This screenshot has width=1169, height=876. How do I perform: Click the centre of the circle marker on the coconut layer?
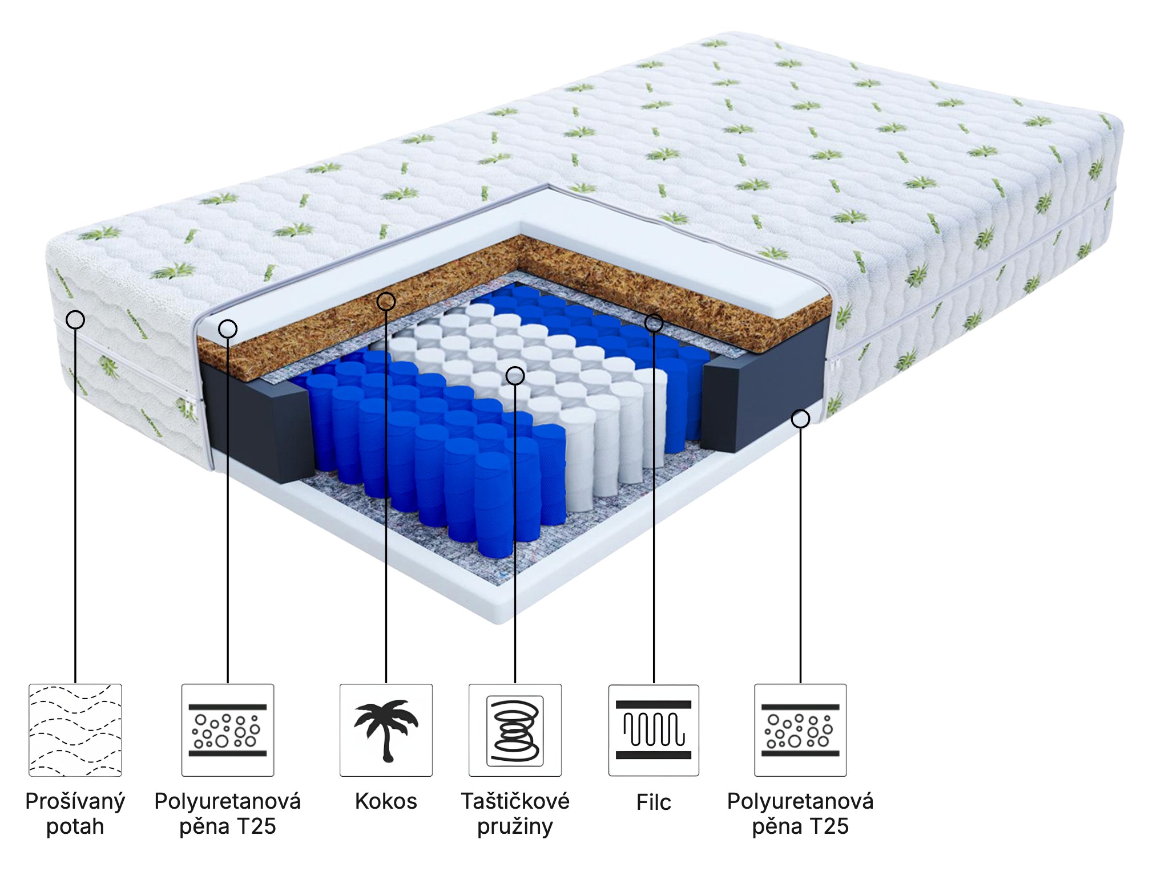386,301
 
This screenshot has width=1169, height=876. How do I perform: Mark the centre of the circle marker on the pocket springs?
515,375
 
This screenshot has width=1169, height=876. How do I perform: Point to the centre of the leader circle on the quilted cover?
75,319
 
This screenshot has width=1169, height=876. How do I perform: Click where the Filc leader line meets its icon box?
654,684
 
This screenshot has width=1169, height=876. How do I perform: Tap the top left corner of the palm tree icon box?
340,684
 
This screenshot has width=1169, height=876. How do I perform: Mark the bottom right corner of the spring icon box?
562,776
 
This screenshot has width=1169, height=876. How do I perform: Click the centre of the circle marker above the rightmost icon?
800,419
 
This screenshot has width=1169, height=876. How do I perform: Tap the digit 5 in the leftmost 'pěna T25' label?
269,826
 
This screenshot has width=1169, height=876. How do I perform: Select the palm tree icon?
386,730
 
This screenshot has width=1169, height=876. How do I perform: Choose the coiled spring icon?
515,731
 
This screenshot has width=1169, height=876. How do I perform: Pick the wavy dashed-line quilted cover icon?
75,730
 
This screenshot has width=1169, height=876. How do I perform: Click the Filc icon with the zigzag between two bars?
654,730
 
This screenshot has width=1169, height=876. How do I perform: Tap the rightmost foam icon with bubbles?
800,730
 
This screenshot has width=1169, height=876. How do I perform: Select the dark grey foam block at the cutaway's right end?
765,385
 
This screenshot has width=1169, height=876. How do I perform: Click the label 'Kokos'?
386,801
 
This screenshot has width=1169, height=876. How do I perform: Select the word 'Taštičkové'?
515,801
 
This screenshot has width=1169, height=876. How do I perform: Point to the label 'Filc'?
654,802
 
